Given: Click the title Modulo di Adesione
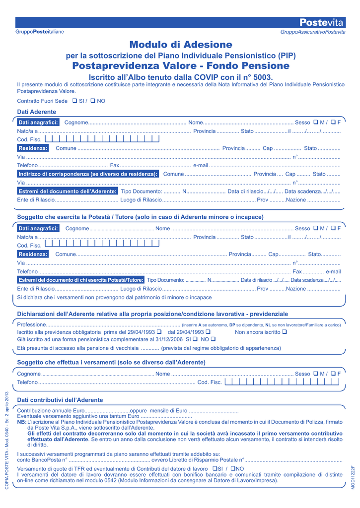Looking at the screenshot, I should (181, 45).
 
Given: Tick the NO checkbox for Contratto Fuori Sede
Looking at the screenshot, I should (93, 101).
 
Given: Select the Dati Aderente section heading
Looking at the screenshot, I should (37, 112).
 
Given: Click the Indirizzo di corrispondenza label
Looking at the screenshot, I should (88, 174).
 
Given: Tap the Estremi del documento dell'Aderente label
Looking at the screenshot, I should (68, 191).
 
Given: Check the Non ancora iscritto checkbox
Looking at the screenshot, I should (285, 332).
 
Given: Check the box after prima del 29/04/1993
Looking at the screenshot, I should (159, 332).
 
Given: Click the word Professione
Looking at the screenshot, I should (31, 324).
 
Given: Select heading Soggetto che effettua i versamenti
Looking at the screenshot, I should (111, 363).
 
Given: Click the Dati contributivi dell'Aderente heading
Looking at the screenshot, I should (60, 400).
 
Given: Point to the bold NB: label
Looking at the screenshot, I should (22, 422).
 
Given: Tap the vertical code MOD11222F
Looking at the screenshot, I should (353, 477).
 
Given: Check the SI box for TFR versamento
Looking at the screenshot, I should (214, 469).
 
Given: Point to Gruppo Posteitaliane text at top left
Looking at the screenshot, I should (40, 32).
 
